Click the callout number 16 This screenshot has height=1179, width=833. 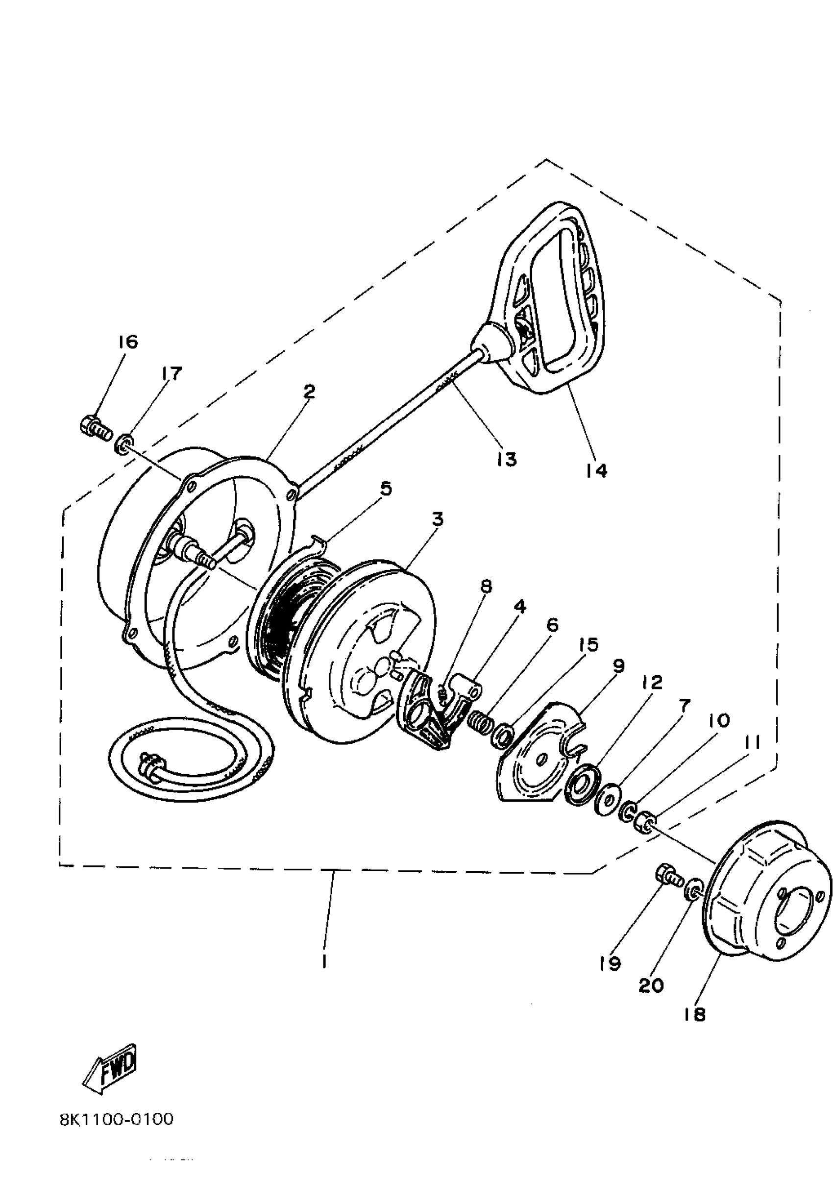[128, 342]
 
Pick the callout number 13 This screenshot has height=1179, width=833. [507, 459]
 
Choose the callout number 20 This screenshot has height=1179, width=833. [651, 985]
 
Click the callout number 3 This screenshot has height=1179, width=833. [437, 519]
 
